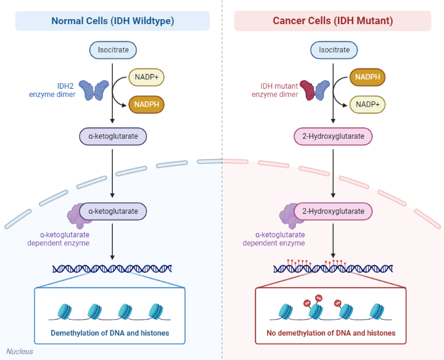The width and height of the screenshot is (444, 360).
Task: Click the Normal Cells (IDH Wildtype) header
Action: coord(112,21)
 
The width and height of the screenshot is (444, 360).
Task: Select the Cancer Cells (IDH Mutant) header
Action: coord(332,21)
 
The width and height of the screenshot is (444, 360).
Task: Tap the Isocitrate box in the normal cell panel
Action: coord(113,50)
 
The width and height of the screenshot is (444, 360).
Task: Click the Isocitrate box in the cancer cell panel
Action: coord(334,50)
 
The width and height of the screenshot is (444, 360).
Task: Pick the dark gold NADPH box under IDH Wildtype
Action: coord(146,104)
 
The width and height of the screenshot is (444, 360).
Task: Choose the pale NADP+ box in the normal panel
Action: coord(146,78)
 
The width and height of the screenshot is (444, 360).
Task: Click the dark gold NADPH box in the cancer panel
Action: coord(368,78)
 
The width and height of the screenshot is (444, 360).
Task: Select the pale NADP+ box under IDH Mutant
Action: coord(368,104)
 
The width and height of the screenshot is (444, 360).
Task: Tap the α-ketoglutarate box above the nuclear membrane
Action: coord(113,136)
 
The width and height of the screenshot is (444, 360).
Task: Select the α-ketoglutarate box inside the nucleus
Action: coord(113,211)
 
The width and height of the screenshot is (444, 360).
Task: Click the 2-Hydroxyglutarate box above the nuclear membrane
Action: coord(334,136)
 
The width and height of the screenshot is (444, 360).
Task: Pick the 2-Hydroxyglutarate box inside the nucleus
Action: coord(334,211)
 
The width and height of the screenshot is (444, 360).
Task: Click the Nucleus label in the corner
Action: coord(20,352)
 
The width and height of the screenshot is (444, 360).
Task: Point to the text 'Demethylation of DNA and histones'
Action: coord(110,333)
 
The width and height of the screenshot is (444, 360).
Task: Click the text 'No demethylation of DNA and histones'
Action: coord(331,333)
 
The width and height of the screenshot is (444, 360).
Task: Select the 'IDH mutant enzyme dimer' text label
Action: coord(274,90)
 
